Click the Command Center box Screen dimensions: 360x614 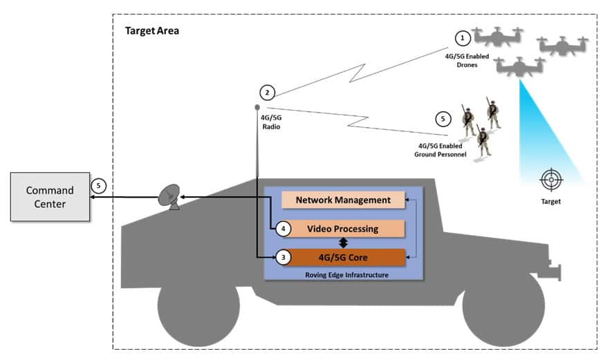click(x=50, y=197)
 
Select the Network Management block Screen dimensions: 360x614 click(x=343, y=200)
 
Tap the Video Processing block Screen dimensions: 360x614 click(x=343, y=229)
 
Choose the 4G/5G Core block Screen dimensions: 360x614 click(x=343, y=258)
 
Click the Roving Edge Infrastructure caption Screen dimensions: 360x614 click(x=343, y=274)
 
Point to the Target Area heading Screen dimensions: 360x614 click(x=152, y=31)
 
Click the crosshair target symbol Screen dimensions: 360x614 click(x=551, y=180)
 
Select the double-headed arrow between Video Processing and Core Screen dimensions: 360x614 click(x=343, y=243)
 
